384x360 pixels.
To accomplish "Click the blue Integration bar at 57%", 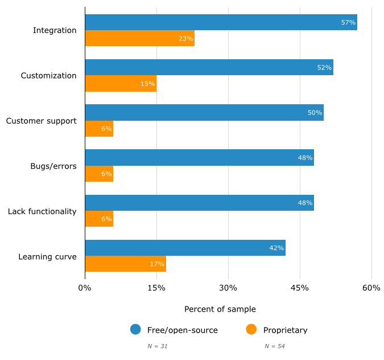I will [x=221, y=22].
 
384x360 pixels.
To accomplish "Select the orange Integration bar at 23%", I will [x=139, y=39].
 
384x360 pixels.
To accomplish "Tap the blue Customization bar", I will [x=209, y=67].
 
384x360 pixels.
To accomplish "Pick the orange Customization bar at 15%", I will [x=121, y=84].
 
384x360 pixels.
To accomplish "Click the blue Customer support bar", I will [x=204, y=112].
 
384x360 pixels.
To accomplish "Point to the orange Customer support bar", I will [x=99, y=129].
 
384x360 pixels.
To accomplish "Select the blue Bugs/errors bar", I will [x=199, y=157].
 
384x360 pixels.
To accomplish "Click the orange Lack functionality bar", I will [x=99, y=219].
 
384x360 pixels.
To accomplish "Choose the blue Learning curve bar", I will [x=185, y=248].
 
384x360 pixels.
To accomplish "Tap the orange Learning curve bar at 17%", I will [x=125, y=264].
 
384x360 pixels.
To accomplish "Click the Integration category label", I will [x=55, y=30].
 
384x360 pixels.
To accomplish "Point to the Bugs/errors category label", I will [x=53, y=166].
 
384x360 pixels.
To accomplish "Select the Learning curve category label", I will [x=47, y=256].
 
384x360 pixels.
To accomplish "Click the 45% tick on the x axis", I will [x=300, y=288].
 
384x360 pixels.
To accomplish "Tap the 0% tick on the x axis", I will [x=85, y=288].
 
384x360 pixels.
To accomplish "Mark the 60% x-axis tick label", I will [x=371, y=288].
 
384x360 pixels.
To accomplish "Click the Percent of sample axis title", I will [x=220, y=309].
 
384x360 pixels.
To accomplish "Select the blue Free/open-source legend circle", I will [x=135, y=329].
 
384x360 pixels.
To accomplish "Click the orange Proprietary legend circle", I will [x=251, y=329].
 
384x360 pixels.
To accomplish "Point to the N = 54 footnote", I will [x=274, y=346].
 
